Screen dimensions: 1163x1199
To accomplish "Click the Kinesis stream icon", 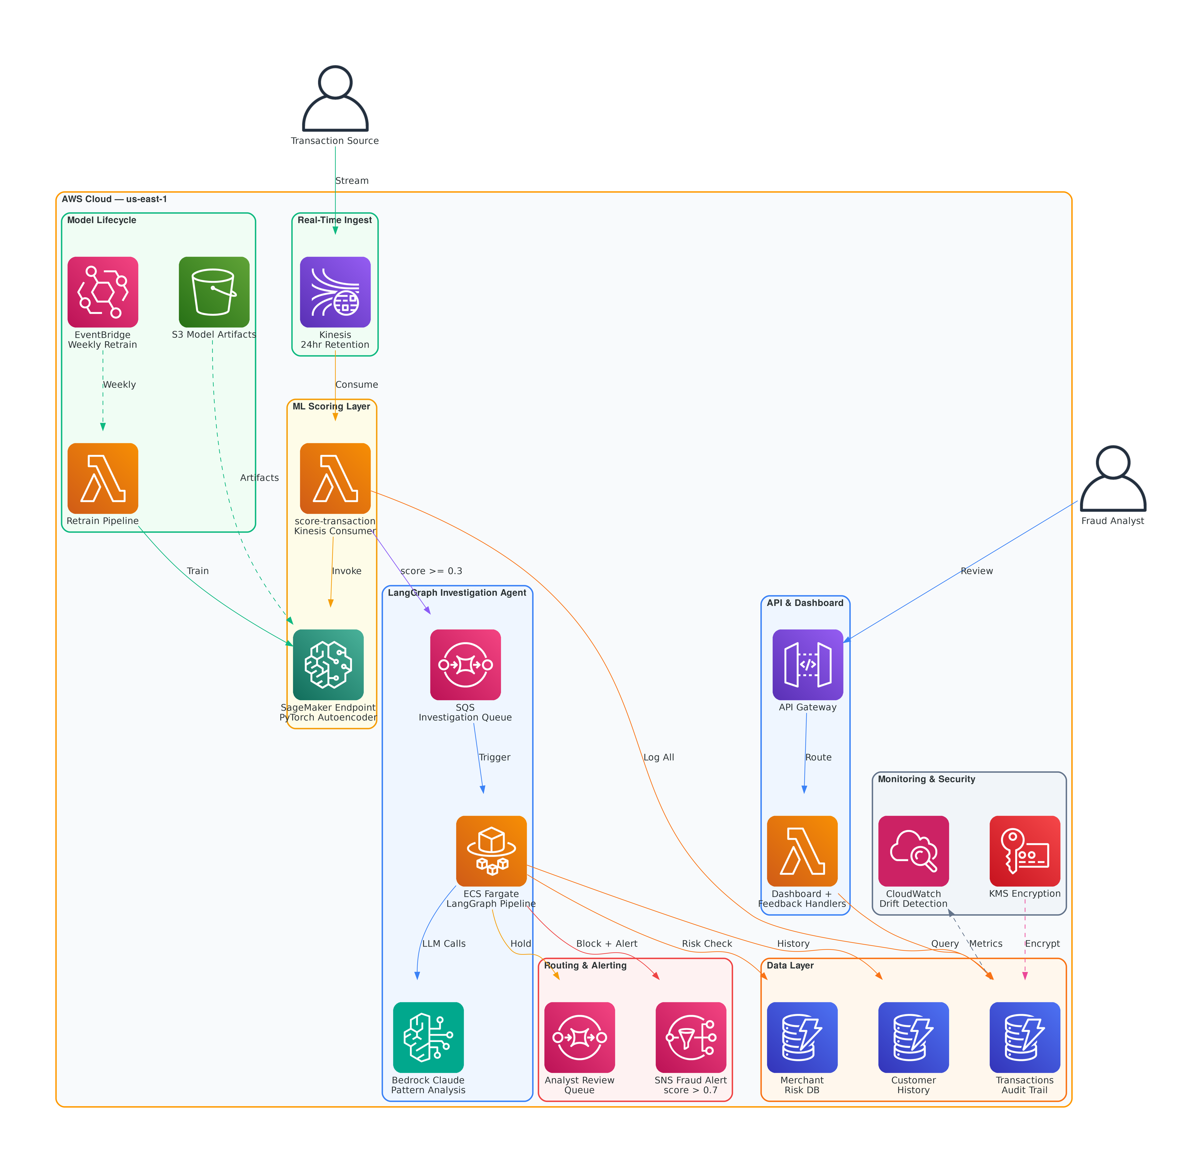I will [x=335, y=292].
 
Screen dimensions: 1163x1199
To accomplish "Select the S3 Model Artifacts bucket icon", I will [x=214, y=292].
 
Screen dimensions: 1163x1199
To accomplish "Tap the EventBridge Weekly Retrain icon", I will [x=103, y=292].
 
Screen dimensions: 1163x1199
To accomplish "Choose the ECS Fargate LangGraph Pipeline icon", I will [x=491, y=851].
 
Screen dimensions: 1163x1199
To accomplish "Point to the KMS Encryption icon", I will [x=1025, y=851].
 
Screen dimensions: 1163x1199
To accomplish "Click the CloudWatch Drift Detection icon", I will [x=913, y=851].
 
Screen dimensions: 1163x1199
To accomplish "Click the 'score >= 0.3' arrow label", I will [x=431, y=571].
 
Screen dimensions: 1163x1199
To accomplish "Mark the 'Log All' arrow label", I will [x=659, y=757].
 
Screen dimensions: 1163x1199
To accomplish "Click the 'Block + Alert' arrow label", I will [x=607, y=944].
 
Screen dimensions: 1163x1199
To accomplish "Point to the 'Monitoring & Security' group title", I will [x=926, y=779].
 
